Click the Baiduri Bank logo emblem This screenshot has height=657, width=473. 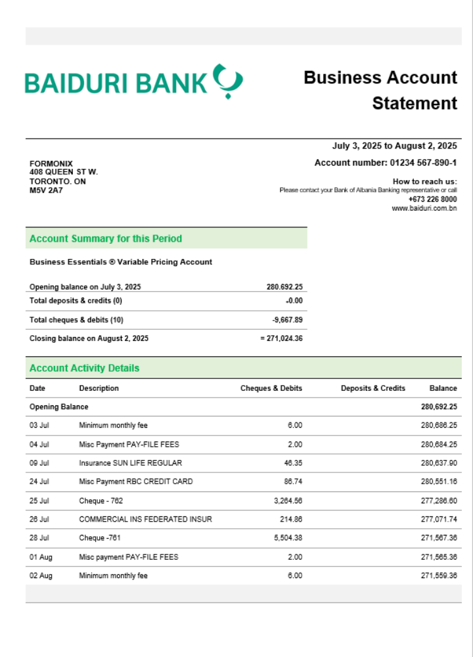click(x=228, y=81)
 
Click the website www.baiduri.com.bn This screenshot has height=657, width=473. click(x=424, y=208)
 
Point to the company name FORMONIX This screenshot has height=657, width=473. click(x=51, y=164)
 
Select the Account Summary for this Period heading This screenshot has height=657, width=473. click(x=106, y=238)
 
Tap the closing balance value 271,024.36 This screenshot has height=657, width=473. click(x=284, y=338)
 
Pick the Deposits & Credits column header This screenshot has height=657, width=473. click(x=373, y=388)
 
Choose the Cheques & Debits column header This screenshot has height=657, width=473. click(x=271, y=388)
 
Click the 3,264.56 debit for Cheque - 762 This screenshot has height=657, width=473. click(x=286, y=500)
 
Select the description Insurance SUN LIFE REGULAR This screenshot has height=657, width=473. click(x=131, y=463)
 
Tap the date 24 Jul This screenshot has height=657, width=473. click(x=39, y=482)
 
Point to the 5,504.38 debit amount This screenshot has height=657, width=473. click(x=286, y=537)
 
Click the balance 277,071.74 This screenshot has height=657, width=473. click(x=439, y=519)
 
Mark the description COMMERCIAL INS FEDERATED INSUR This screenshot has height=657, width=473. click(x=146, y=519)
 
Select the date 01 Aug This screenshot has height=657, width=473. click(x=41, y=556)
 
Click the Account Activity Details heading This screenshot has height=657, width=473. click(x=85, y=368)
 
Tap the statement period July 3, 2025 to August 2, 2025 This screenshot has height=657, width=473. click(x=394, y=146)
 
